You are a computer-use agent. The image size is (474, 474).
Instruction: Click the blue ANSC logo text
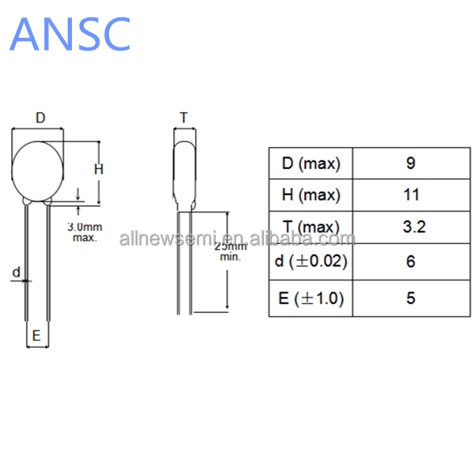tap(70, 34)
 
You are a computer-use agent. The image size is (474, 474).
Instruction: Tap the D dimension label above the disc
tap(40, 118)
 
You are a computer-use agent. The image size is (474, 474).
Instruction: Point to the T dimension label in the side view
tap(184, 117)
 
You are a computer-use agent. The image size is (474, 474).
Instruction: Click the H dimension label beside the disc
tap(99, 169)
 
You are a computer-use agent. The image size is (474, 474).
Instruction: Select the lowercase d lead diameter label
tap(17, 273)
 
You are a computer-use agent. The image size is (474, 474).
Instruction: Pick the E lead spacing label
tap(36, 336)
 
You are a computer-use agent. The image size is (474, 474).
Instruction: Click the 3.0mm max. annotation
tap(85, 232)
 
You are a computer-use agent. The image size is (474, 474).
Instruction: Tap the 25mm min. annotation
tap(231, 251)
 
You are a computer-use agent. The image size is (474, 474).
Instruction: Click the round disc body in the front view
tap(37, 171)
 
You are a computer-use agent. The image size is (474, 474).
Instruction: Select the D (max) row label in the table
tap(311, 164)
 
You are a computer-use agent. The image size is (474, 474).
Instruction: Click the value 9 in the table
tap(411, 164)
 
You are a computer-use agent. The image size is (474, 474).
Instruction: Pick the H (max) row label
tap(311, 195)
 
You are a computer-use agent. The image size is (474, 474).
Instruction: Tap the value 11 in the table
tap(412, 194)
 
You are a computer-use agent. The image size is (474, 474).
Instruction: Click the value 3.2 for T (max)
tap(414, 227)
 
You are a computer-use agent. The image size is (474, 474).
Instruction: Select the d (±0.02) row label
tap(311, 261)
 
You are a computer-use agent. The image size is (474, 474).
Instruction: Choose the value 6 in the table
tap(411, 261)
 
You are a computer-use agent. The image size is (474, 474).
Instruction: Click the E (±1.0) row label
tap(311, 299)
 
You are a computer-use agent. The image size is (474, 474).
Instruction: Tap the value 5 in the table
tap(411, 298)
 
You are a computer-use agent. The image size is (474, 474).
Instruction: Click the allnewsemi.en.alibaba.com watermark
tap(237, 239)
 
